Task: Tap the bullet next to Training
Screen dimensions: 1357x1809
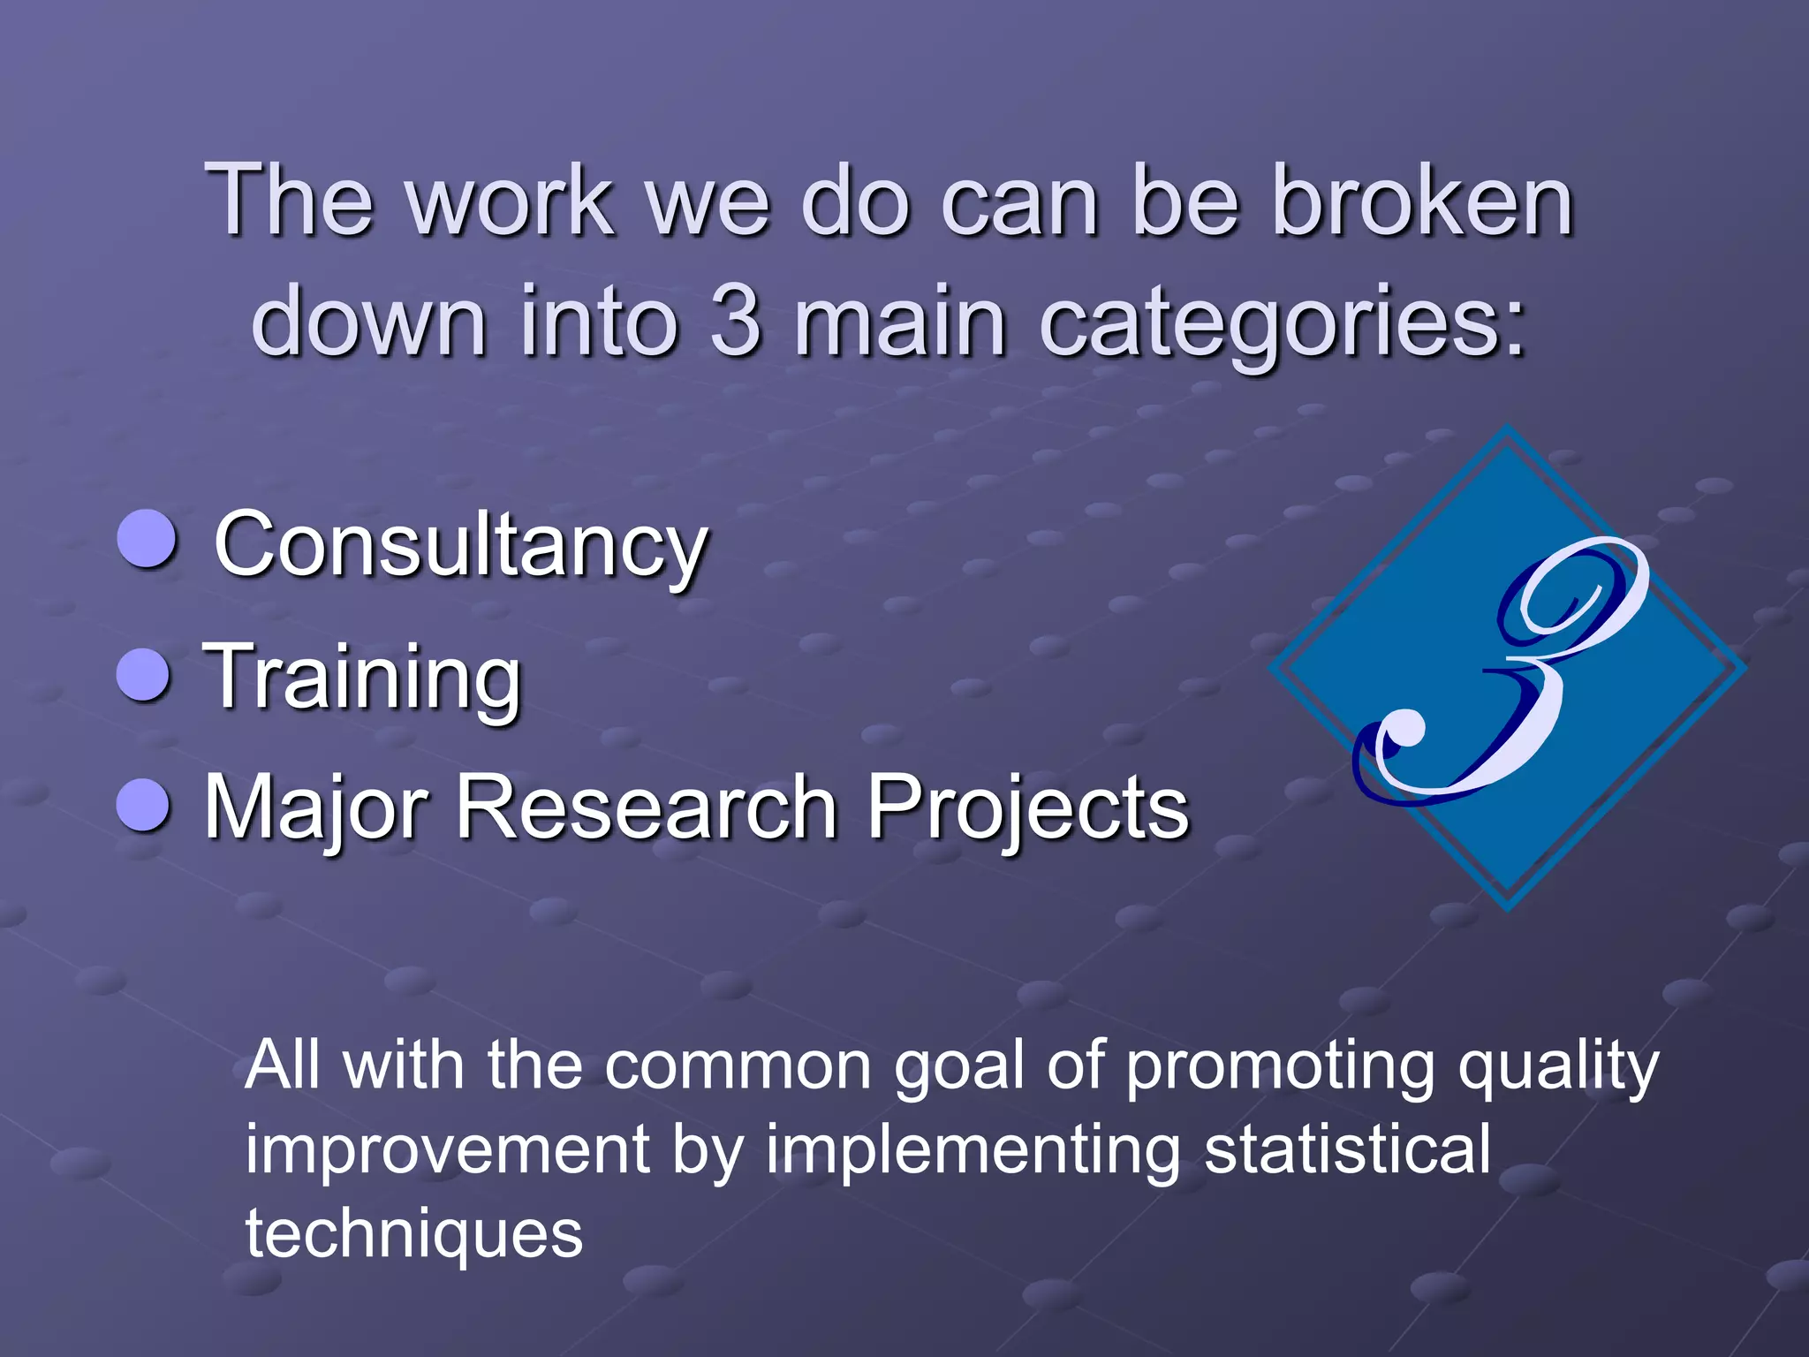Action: pyautogui.click(x=143, y=675)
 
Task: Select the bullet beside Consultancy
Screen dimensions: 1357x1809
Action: pyautogui.click(x=147, y=538)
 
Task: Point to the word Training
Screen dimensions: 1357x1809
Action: pyautogui.click(x=362, y=678)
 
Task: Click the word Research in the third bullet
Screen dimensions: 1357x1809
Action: pyautogui.click(x=645, y=807)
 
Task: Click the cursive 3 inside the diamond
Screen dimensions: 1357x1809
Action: pyautogui.click(x=1502, y=671)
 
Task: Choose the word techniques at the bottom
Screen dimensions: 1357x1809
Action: pyautogui.click(x=414, y=1233)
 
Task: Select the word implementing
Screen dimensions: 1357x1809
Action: pyautogui.click(x=973, y=1150)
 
